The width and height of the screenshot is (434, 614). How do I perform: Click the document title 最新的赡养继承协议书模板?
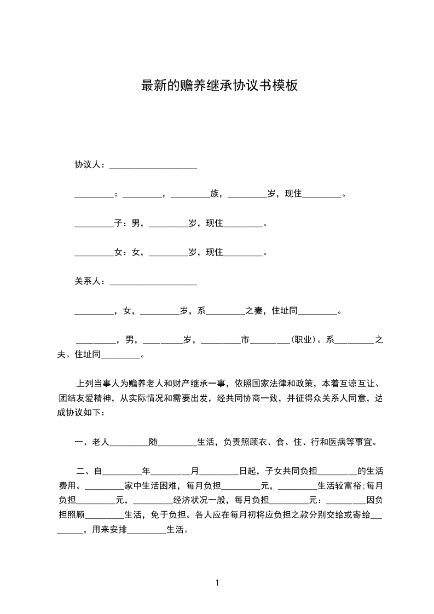click(x=219, y=85)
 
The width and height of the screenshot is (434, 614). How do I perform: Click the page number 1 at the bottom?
click(x=217, y=582)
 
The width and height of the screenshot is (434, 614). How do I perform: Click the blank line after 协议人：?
click(x=153, y=166)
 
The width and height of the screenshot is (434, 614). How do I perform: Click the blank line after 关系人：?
click(x=153, y=282)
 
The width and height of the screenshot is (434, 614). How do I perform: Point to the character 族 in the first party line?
click(x=215, y=194)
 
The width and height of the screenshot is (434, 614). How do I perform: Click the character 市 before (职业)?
click(x=245, y=340)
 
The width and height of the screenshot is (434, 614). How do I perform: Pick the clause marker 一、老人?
click(x=92, y=442)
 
